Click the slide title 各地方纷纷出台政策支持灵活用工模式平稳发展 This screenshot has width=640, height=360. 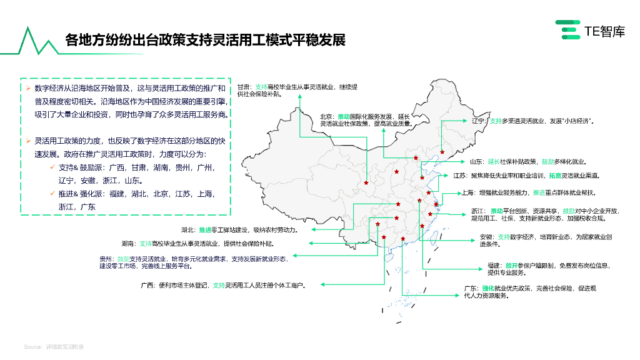pos(205,41)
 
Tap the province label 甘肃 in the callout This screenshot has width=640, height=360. pos(244,87)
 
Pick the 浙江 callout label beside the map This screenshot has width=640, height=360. pos(479,211)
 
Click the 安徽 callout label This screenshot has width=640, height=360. pos(487,237)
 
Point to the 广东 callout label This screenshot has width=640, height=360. pos(471,288)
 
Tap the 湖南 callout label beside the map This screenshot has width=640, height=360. pos(129,243)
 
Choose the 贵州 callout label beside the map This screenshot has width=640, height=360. pos(106,258)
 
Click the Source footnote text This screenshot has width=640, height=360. pos(54,346)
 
